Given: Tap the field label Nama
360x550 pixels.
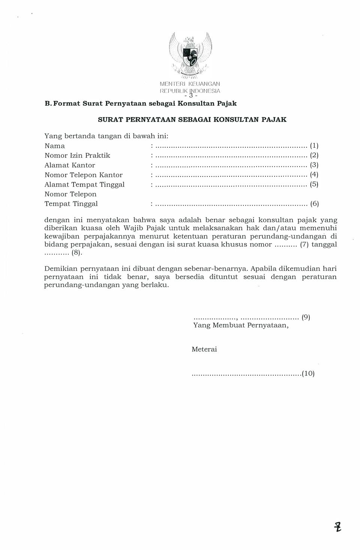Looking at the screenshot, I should (55, 146).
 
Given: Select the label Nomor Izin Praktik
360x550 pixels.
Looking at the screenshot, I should (77, 155).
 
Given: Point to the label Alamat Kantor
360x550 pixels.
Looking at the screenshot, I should (70, 165).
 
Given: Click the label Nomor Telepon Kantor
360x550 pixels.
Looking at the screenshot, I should (84, 175).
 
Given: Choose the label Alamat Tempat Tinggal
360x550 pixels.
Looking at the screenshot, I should (84, 184).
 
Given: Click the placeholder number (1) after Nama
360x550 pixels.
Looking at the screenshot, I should (314, 146).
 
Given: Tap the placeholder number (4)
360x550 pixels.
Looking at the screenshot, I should (314, 175).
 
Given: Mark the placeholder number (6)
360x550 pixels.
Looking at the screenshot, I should (314, 204).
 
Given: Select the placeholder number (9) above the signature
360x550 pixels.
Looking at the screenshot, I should (306, 317).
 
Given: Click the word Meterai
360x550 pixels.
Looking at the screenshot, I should (204, 349).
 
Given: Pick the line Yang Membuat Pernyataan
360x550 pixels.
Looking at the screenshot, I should (241, 325).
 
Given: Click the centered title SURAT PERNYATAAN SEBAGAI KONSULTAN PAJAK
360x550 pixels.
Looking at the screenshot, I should (192, 120).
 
